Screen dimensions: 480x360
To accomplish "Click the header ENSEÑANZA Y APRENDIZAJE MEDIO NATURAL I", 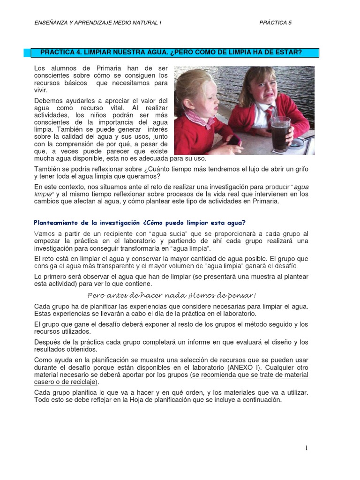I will point(98,22).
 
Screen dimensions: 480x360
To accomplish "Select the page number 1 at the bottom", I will point(307,448).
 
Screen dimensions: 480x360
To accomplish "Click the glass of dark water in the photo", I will point(280,133).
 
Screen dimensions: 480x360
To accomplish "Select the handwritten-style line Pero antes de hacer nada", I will point(172,295).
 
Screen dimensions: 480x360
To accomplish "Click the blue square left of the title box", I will point(27,52).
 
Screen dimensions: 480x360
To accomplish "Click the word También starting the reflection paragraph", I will point(48,169).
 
